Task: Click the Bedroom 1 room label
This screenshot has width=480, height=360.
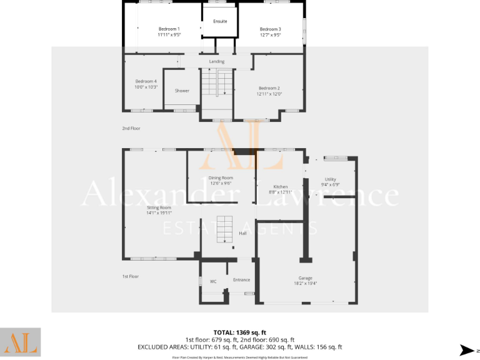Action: (169, 29)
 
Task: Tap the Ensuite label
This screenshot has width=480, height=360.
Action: (220, 21)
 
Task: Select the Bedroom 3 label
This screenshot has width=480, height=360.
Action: (270, 29)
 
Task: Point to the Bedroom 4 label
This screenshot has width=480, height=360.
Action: (146, 81)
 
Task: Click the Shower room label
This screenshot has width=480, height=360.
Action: (182, 91)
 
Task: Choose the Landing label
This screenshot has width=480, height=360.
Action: (216, 61)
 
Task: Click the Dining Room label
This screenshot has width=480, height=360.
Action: (221, 177)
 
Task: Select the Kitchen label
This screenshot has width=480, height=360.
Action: (280, 187)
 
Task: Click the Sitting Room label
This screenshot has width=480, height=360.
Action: (159, 207)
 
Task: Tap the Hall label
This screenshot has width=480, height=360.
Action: (243, 233)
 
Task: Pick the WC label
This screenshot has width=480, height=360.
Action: (213, 281)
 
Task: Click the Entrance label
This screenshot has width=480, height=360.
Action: (241, 279)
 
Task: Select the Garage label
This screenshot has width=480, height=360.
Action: (305, 278)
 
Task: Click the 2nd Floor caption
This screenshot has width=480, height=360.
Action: (131, 128)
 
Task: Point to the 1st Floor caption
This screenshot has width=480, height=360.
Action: (130, 276)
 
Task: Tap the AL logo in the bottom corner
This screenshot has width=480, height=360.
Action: (21, 342)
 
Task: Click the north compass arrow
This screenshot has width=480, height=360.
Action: (466, 350)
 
